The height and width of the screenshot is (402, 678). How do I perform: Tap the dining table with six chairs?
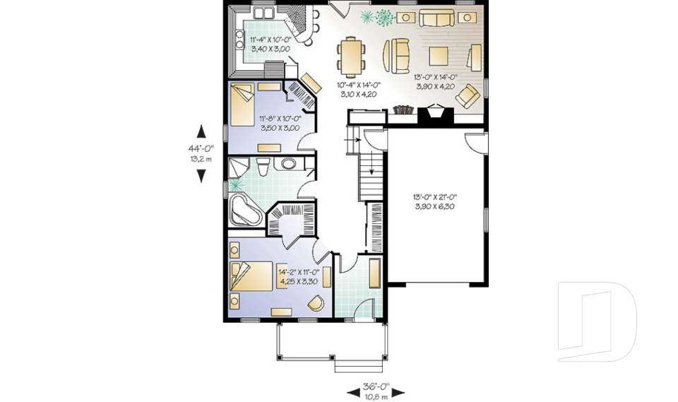coord(352,57)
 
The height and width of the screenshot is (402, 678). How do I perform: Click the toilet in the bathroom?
coord(263,167)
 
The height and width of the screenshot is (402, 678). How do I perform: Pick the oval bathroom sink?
coord(290,165)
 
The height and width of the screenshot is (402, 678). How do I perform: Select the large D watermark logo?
coord(596,321)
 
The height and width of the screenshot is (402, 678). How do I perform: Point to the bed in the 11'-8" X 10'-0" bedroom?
coord(244,104)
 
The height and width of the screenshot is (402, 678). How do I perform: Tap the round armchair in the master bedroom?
coord(316,302)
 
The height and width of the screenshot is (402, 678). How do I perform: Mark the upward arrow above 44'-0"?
coord(201,131)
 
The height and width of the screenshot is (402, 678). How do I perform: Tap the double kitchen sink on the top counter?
coord(265,13)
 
